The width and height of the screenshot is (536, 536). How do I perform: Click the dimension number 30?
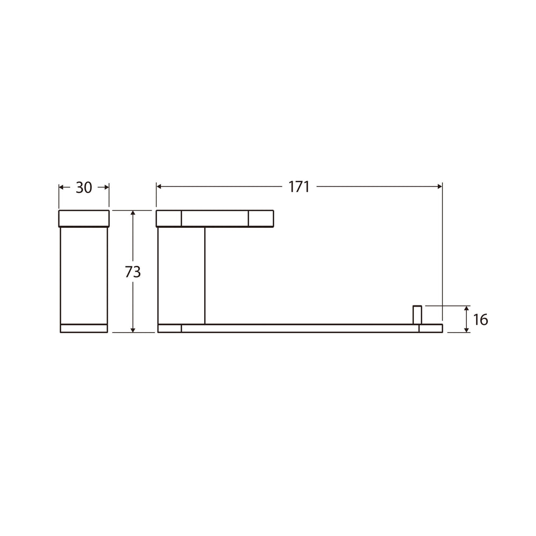(84, 188)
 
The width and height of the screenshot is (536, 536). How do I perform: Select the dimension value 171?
(299, 187)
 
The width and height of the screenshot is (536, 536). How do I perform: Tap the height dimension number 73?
(132, 272)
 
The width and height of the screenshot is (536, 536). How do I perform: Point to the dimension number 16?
(480, 319)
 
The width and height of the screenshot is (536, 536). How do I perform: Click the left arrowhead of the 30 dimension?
(62, 187)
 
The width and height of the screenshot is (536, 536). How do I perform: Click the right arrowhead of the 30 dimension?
(106, 187)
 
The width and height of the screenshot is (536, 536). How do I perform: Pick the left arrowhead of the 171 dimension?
(159, 187)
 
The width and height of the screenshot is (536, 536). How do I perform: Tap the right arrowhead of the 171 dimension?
(440, 187)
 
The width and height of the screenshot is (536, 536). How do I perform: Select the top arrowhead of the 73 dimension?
(133, 213)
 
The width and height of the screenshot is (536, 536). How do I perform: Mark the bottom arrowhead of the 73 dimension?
(133, 329)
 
